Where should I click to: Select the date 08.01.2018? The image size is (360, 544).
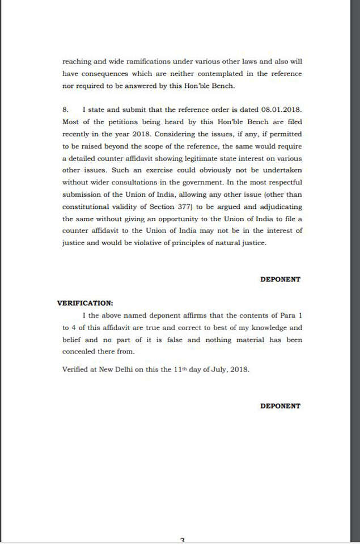(x=282, y=109)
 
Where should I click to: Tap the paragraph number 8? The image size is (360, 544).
(x=65, y=109)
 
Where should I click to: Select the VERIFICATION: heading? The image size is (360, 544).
(x=84, y=303)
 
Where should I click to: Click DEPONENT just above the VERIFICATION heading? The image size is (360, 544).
(x=280, y=279)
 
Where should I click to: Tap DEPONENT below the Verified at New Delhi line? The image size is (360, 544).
(x=280, y=406)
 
